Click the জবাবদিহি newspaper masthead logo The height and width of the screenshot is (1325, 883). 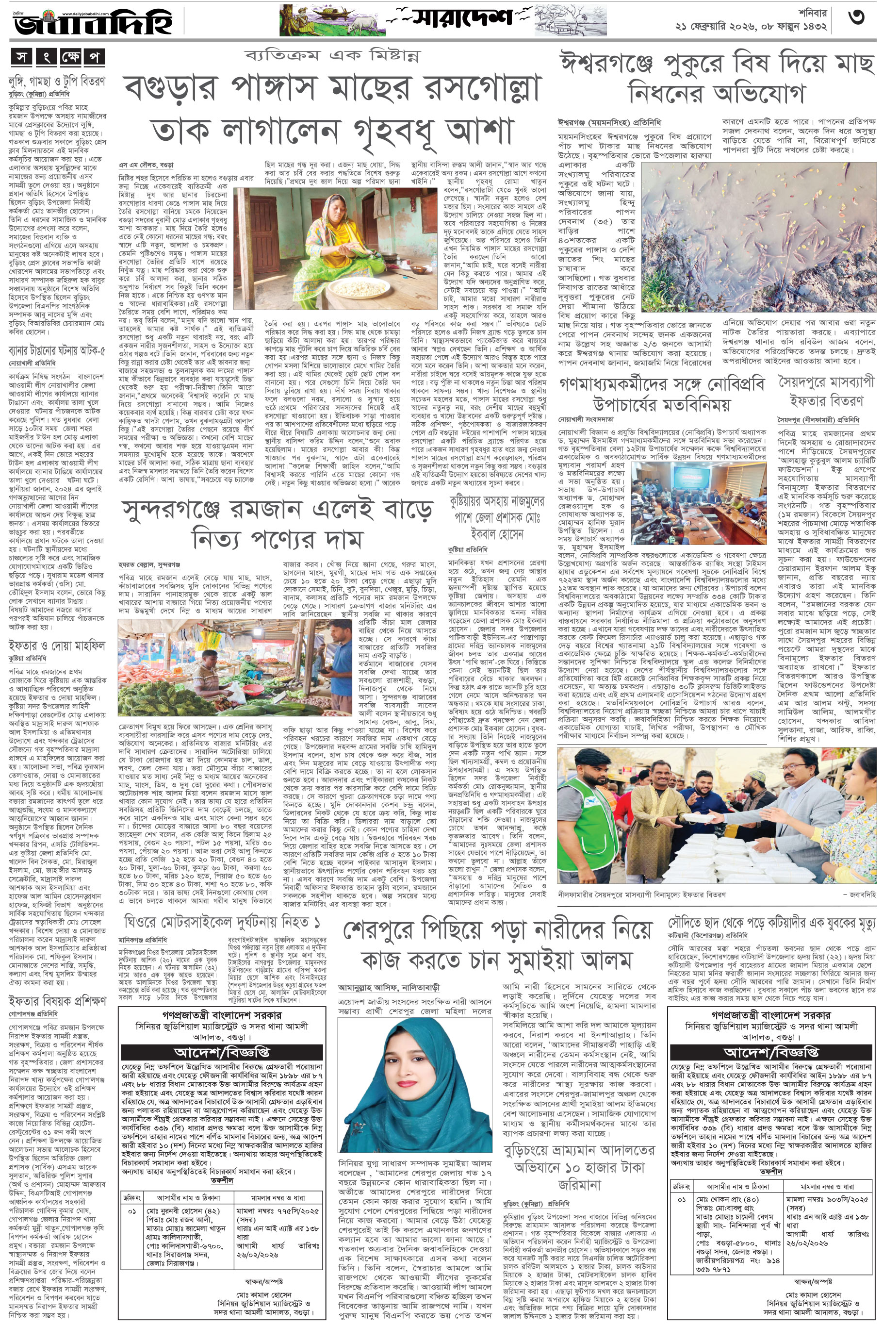(93, 22)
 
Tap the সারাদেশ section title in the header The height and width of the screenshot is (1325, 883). (462, 18)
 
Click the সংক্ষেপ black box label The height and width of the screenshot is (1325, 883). (58, 57)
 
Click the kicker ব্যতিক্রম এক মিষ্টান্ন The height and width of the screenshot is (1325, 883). (332, 56)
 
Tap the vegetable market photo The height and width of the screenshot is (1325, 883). (236, 667)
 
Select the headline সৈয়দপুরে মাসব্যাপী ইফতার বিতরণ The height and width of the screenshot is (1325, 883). (827, 391)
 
